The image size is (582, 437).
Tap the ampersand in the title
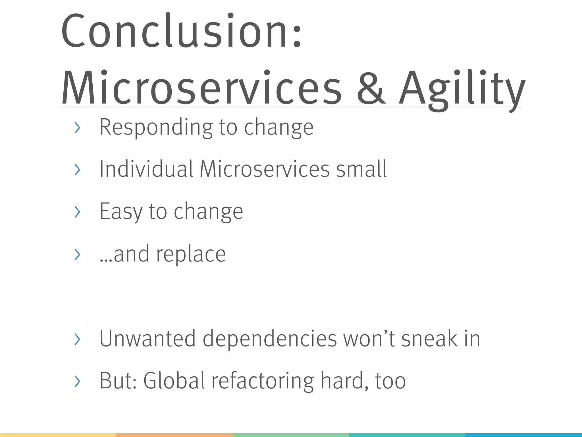(x=371, y=88)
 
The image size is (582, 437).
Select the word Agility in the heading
(x=462, y=88)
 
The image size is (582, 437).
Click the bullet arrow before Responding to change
(x=77, y=128)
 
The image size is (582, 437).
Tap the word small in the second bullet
(x=361, y=169)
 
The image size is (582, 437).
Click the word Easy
(x=120, y=211)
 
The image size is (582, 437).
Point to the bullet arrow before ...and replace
(x=77, y=254)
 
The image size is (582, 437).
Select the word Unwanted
(x=147, y=339)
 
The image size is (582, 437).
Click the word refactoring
(x=262, y=381)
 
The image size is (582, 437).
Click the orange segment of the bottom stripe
(x=174, y=435)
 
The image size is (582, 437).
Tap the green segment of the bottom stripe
(x=291, y=435)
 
